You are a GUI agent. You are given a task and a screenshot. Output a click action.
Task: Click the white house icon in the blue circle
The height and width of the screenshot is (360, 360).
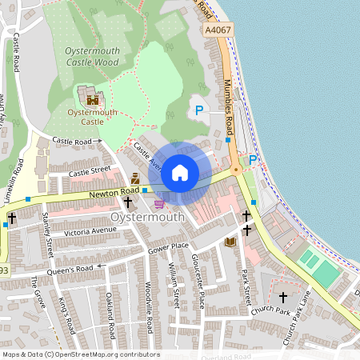pyautogui.click(x=180, y=172)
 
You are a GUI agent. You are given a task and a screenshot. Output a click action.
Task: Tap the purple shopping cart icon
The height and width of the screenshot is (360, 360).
pyautogui.click(x=159, y=204)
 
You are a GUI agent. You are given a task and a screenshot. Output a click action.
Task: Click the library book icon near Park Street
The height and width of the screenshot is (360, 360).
pyautogui.click(x=230, y=242)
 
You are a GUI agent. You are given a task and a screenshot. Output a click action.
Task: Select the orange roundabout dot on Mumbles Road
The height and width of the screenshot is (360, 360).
pyautogui.click(x=236, y=170)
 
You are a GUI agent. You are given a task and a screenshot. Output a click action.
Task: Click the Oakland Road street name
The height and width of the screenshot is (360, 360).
pyautogui.click(x=110, y=315)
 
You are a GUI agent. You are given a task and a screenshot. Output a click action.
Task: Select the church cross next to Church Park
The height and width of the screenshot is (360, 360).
pyautogui.click(x=282, y=297)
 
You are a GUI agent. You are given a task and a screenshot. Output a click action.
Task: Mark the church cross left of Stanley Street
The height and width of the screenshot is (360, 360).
pyautogui.click(x=11, y=218)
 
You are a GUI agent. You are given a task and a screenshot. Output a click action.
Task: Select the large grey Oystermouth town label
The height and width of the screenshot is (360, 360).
pyautogui.click(x=147, y=217)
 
